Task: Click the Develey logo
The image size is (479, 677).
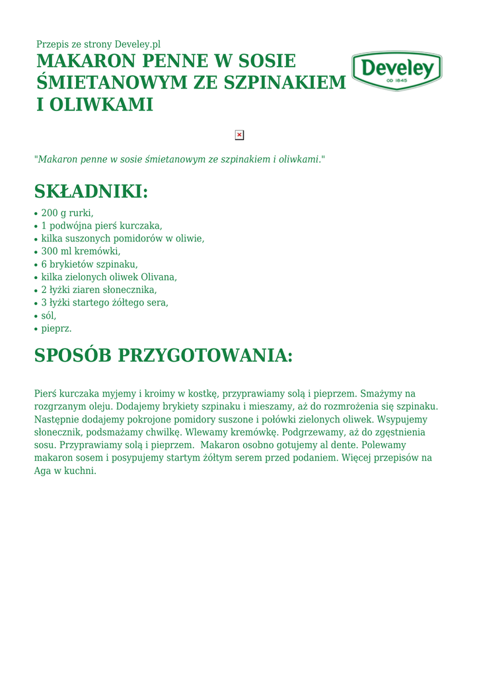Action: [x=396, y=70]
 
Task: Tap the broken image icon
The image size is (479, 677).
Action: [x=239, y=135]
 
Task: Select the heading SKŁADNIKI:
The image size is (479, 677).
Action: [x=91, y=192]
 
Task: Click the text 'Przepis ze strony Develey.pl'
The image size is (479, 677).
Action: [x=98, y=44]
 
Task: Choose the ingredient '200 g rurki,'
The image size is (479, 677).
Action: [x=67, y=213]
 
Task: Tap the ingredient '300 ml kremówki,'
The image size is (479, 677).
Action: [x=81, y=251]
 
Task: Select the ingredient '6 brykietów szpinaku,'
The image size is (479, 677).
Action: [x=89, y=264]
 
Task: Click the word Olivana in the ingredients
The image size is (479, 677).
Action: [x=158, y=277]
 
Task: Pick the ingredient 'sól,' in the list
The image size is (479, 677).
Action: [x=49, y=315]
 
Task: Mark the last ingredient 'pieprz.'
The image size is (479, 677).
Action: [x=56, y=328]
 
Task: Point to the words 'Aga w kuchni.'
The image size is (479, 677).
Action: [x=65, y=471]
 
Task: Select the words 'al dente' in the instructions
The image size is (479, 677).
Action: [x=341, y=445]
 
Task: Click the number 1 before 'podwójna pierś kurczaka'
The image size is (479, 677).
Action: [x=44, y=225]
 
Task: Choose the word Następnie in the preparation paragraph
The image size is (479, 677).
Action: [x=55, y=419]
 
